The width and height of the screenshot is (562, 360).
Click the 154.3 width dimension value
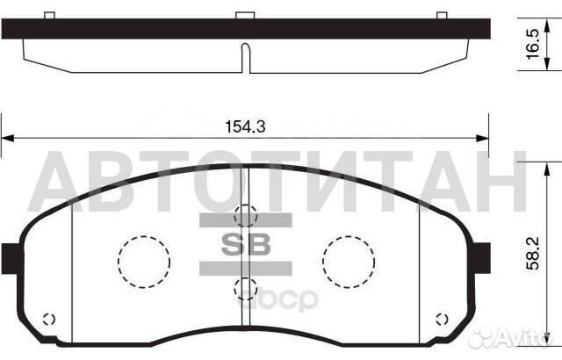245,127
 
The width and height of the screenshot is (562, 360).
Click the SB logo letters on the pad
246,243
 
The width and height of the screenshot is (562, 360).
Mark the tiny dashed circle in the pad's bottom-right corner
443,318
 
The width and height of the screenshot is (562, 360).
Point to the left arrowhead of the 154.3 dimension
7,138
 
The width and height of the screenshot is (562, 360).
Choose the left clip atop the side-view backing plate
50,15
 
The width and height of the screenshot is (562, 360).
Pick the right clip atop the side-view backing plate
443,15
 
